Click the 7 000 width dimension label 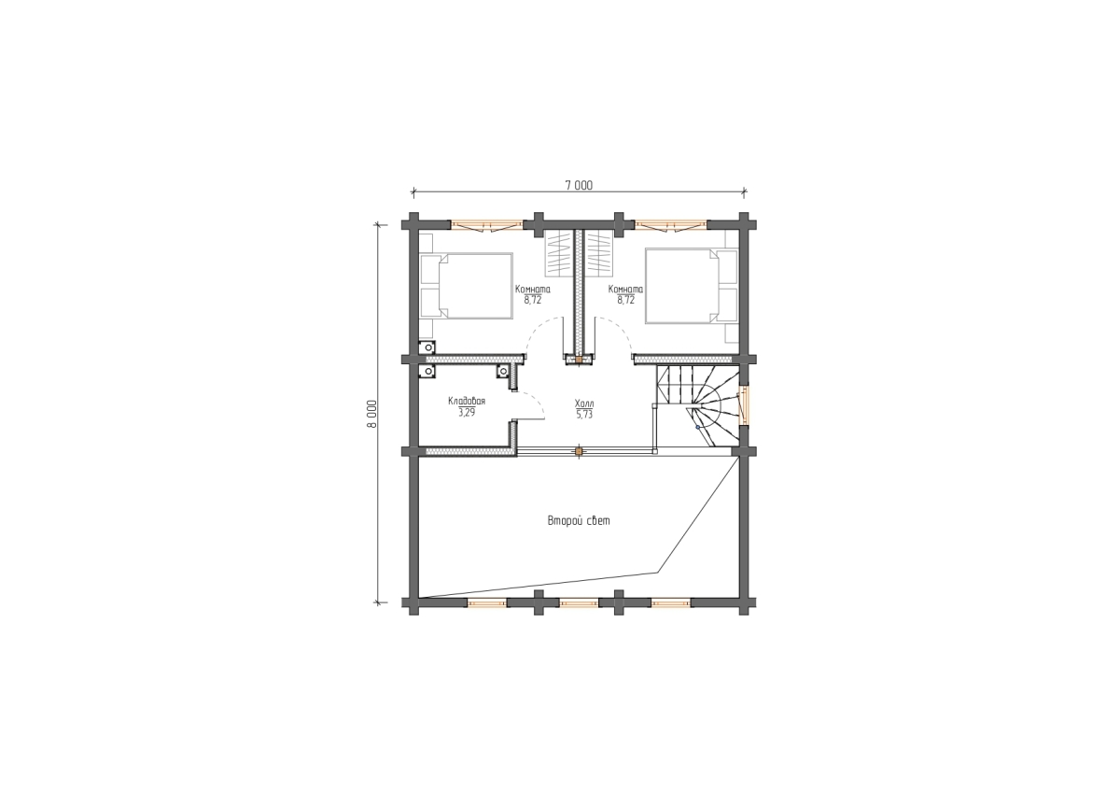(579, 186)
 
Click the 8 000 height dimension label (371, 414)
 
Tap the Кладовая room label (467, 402)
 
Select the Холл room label (584, 404)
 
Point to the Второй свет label (579, 521)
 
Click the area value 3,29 (467, 413)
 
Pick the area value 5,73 (584, 415)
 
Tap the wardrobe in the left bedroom (558, 254)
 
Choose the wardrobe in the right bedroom (599, 254)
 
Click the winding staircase (697, 405)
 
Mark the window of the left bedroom (487, 226)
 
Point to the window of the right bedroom (671, 226)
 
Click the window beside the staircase (744, 405)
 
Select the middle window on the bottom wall (579, 603)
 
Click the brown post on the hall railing (579, 452)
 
